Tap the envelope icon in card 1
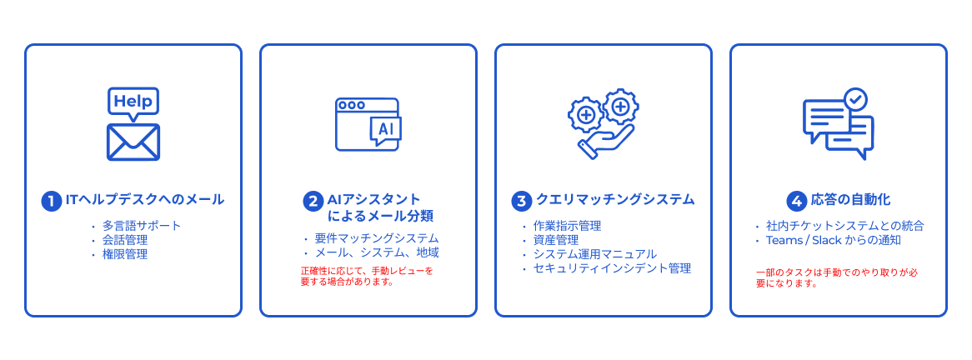133,142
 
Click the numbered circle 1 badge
51,201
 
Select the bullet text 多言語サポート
141,226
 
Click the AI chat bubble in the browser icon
386,130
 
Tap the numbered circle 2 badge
313,201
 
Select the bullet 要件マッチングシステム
376,238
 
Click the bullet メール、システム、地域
376,252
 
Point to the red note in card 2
367,276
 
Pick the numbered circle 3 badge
521,201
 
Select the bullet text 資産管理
555,240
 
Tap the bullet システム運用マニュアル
594,254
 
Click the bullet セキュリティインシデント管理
612,268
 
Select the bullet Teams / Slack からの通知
833,240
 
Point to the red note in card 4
837,277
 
